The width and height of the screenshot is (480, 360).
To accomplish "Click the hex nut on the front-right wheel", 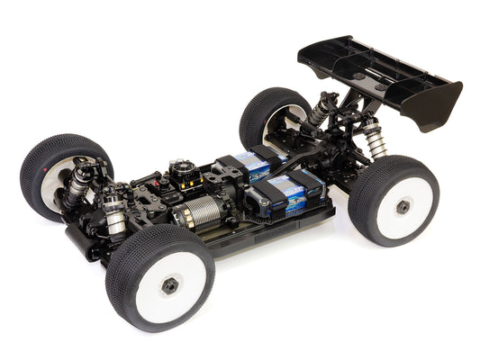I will coord(169,285).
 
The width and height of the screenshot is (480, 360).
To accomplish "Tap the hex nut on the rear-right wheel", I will coord(403,206).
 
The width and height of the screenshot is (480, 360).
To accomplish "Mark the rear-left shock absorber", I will coord(321,110).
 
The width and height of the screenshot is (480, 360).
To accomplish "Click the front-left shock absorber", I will coord(79,180).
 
